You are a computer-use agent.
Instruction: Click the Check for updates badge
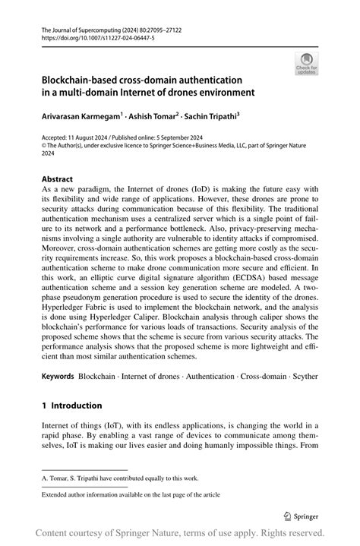tap(307, 63)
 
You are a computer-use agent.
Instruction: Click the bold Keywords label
tap(58, 375)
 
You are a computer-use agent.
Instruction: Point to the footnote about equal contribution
tap(120, 478)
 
